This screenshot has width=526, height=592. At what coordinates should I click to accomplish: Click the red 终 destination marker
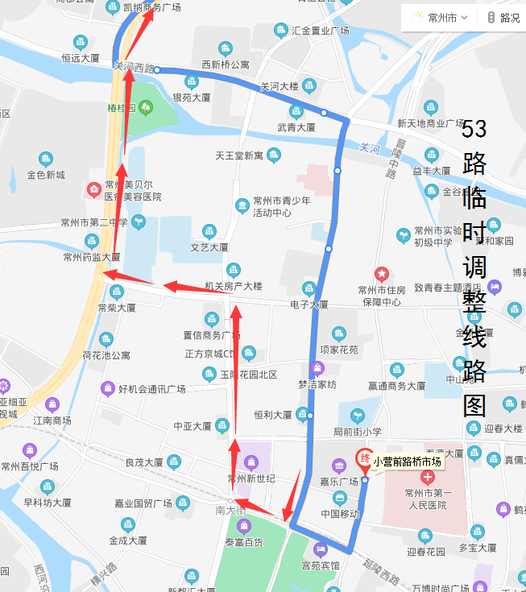click(364, 460)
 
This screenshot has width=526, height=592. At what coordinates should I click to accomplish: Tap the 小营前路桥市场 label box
click(408, 462)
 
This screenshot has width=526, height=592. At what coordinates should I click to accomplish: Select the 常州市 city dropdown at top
click(442, 17)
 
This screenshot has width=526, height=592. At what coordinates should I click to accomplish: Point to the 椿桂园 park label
click(121, 107)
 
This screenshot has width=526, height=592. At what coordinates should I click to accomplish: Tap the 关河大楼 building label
click(280, 86)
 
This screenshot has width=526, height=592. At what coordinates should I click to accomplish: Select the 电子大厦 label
click(309, 304)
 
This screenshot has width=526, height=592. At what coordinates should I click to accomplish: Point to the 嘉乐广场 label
click(338, 482)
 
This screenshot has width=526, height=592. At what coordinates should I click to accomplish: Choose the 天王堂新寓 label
click(239, 155)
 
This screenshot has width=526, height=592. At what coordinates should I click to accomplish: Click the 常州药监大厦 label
click(91, 258)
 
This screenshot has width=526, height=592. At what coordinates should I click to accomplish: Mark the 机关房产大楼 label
click(234, 286)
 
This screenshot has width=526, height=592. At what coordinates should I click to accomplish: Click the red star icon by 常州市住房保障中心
click(382, 275)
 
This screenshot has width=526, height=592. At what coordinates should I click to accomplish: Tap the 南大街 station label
click(231, 511)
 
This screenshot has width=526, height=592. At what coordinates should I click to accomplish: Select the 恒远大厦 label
click(81, 59)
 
